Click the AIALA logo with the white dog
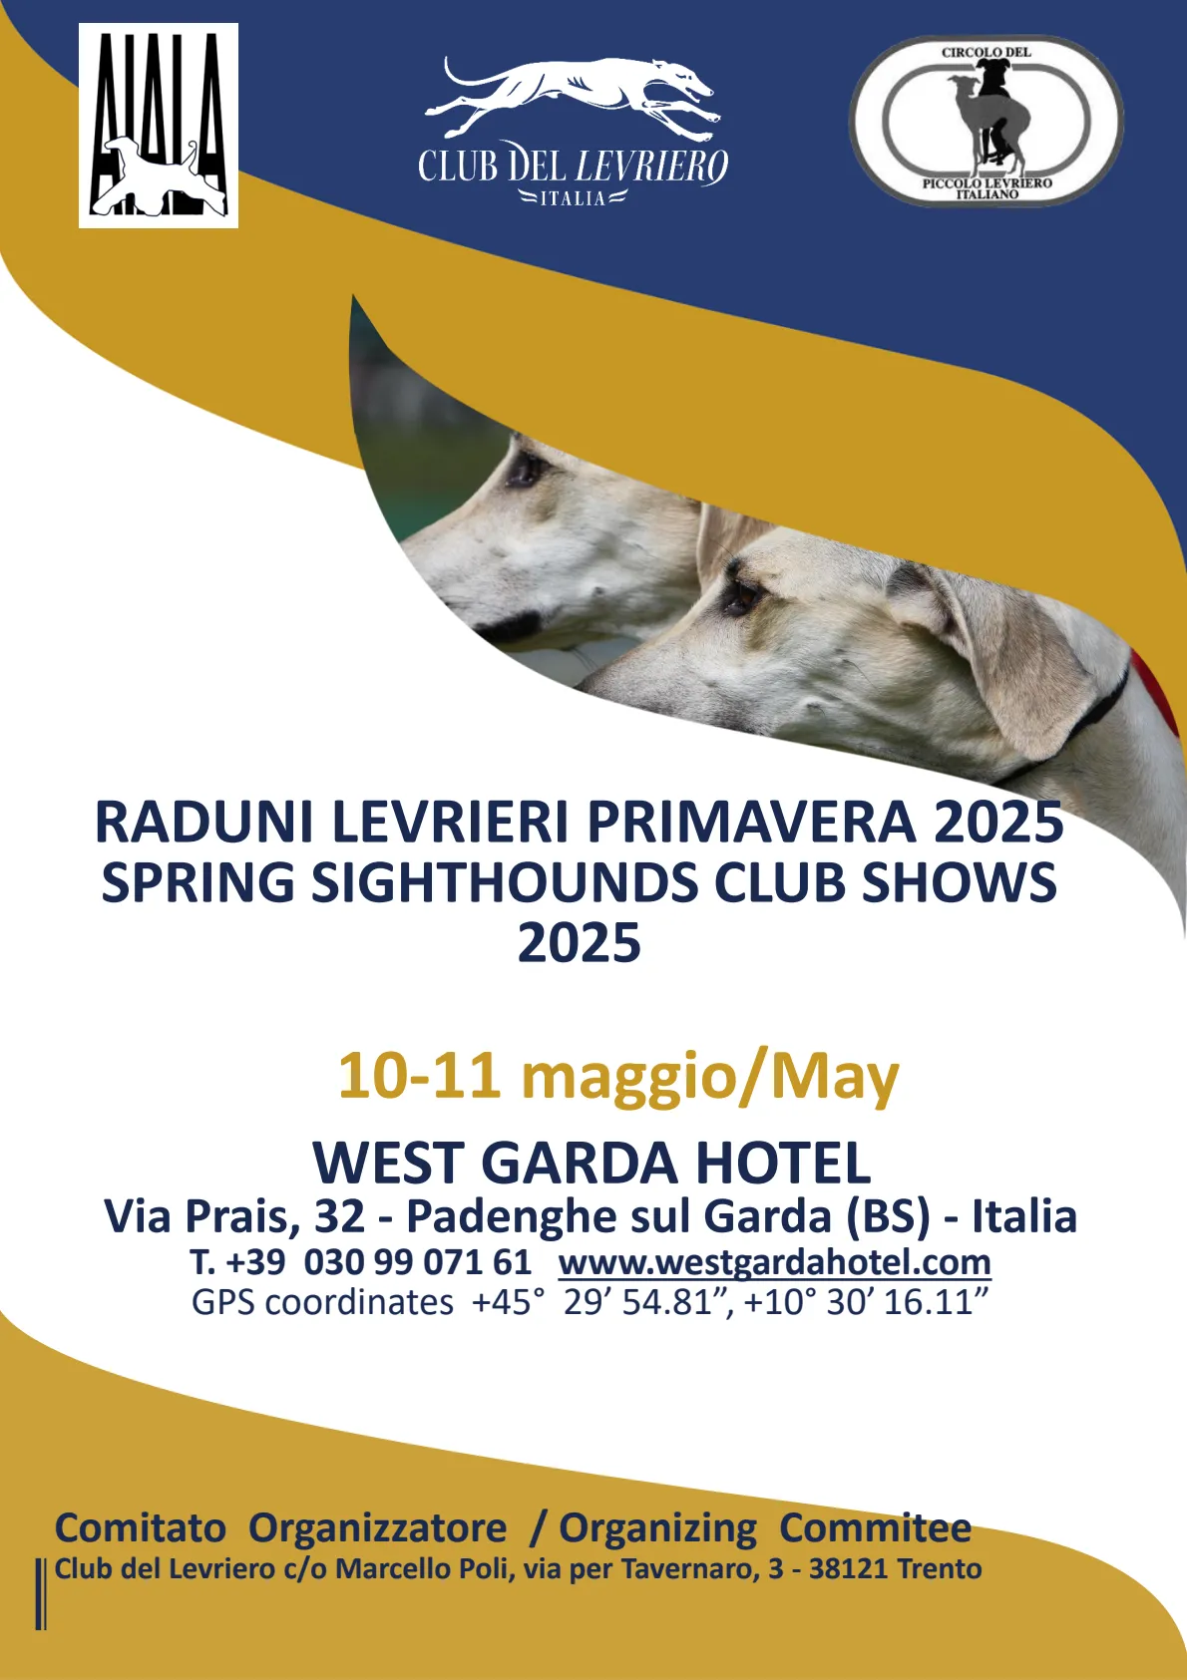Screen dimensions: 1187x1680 [x=159, y=126]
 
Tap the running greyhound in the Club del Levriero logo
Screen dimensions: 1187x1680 [x=574, y=99]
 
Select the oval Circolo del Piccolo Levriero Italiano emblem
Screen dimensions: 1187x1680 [x=986, y=122]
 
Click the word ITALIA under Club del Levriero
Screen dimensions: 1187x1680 [x=574, y=198]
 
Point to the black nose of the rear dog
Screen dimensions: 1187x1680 [x=511, y=627]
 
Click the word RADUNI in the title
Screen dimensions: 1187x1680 [x=203, y=823]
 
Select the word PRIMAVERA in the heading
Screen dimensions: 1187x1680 [x=751, y=823]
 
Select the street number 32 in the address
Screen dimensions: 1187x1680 [x=339, y=1216]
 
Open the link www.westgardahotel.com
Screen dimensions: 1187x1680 [x=774, y=1262]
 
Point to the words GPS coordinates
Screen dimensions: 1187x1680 [x=322, y=1303]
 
